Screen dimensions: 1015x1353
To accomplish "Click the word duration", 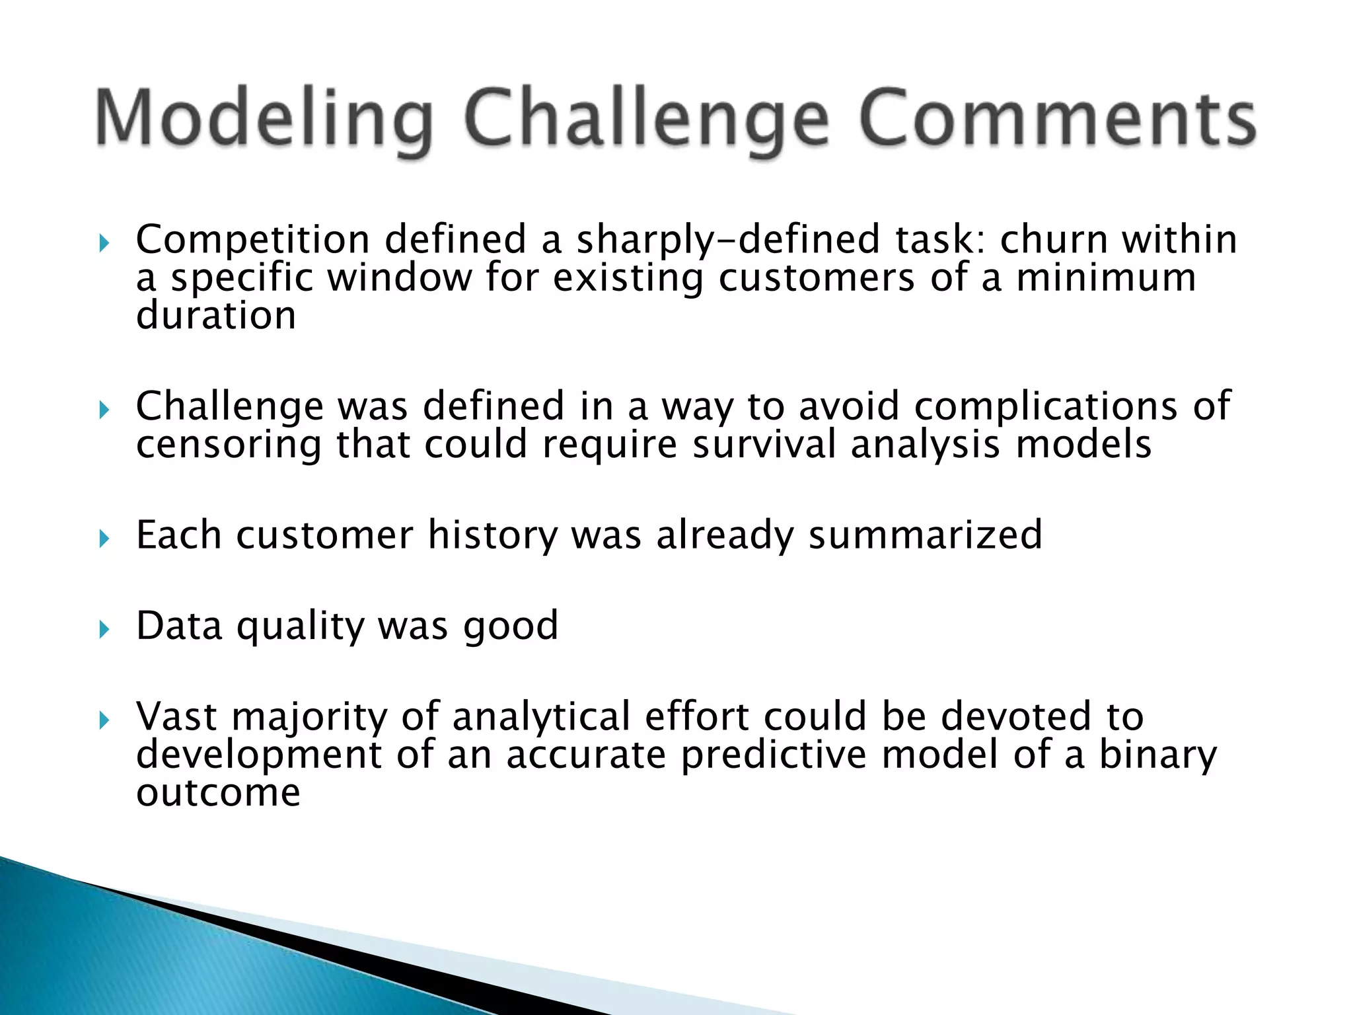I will click(216, 315).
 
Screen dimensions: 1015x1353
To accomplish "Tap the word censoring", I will click(229, 445).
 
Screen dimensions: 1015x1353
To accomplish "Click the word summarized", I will click(925, 535).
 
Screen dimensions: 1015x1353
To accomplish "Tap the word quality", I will click(300, 626).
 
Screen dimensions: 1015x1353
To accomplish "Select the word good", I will click(510, 626).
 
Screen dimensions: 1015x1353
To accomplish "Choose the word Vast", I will click(176, 716).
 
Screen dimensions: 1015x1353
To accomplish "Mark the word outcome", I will click(218, 792).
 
